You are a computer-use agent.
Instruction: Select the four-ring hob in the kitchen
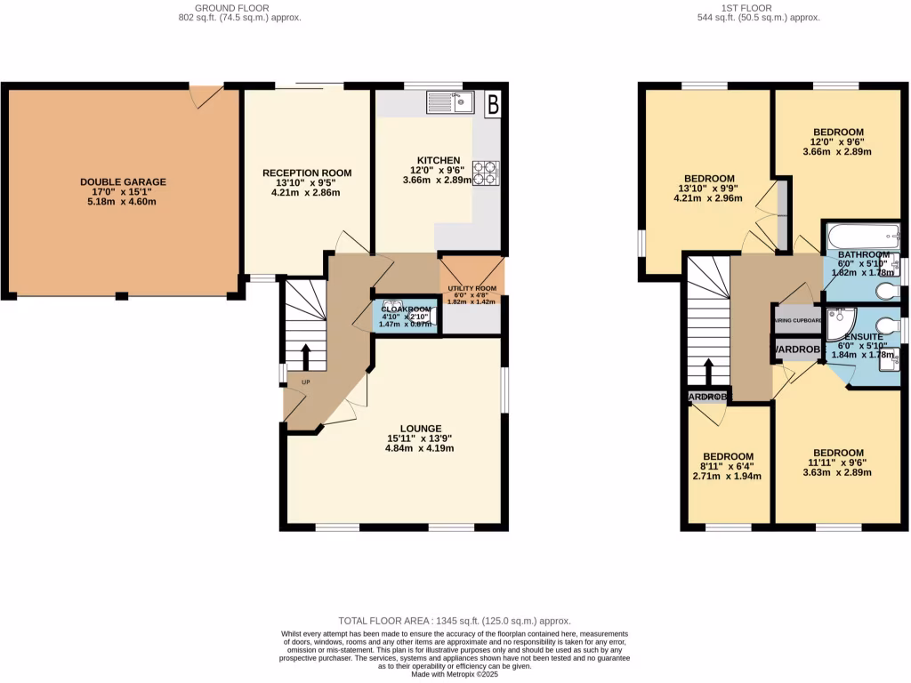487,172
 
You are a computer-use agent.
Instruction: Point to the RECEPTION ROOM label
307,173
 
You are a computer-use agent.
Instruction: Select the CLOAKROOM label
405,309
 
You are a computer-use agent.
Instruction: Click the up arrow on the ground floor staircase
305,356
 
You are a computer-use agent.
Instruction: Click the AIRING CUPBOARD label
796,321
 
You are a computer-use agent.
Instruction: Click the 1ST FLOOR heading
759,8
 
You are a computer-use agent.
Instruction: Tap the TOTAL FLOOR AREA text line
455,621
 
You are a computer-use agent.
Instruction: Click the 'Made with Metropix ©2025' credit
455,673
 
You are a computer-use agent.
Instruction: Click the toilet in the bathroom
884,292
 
